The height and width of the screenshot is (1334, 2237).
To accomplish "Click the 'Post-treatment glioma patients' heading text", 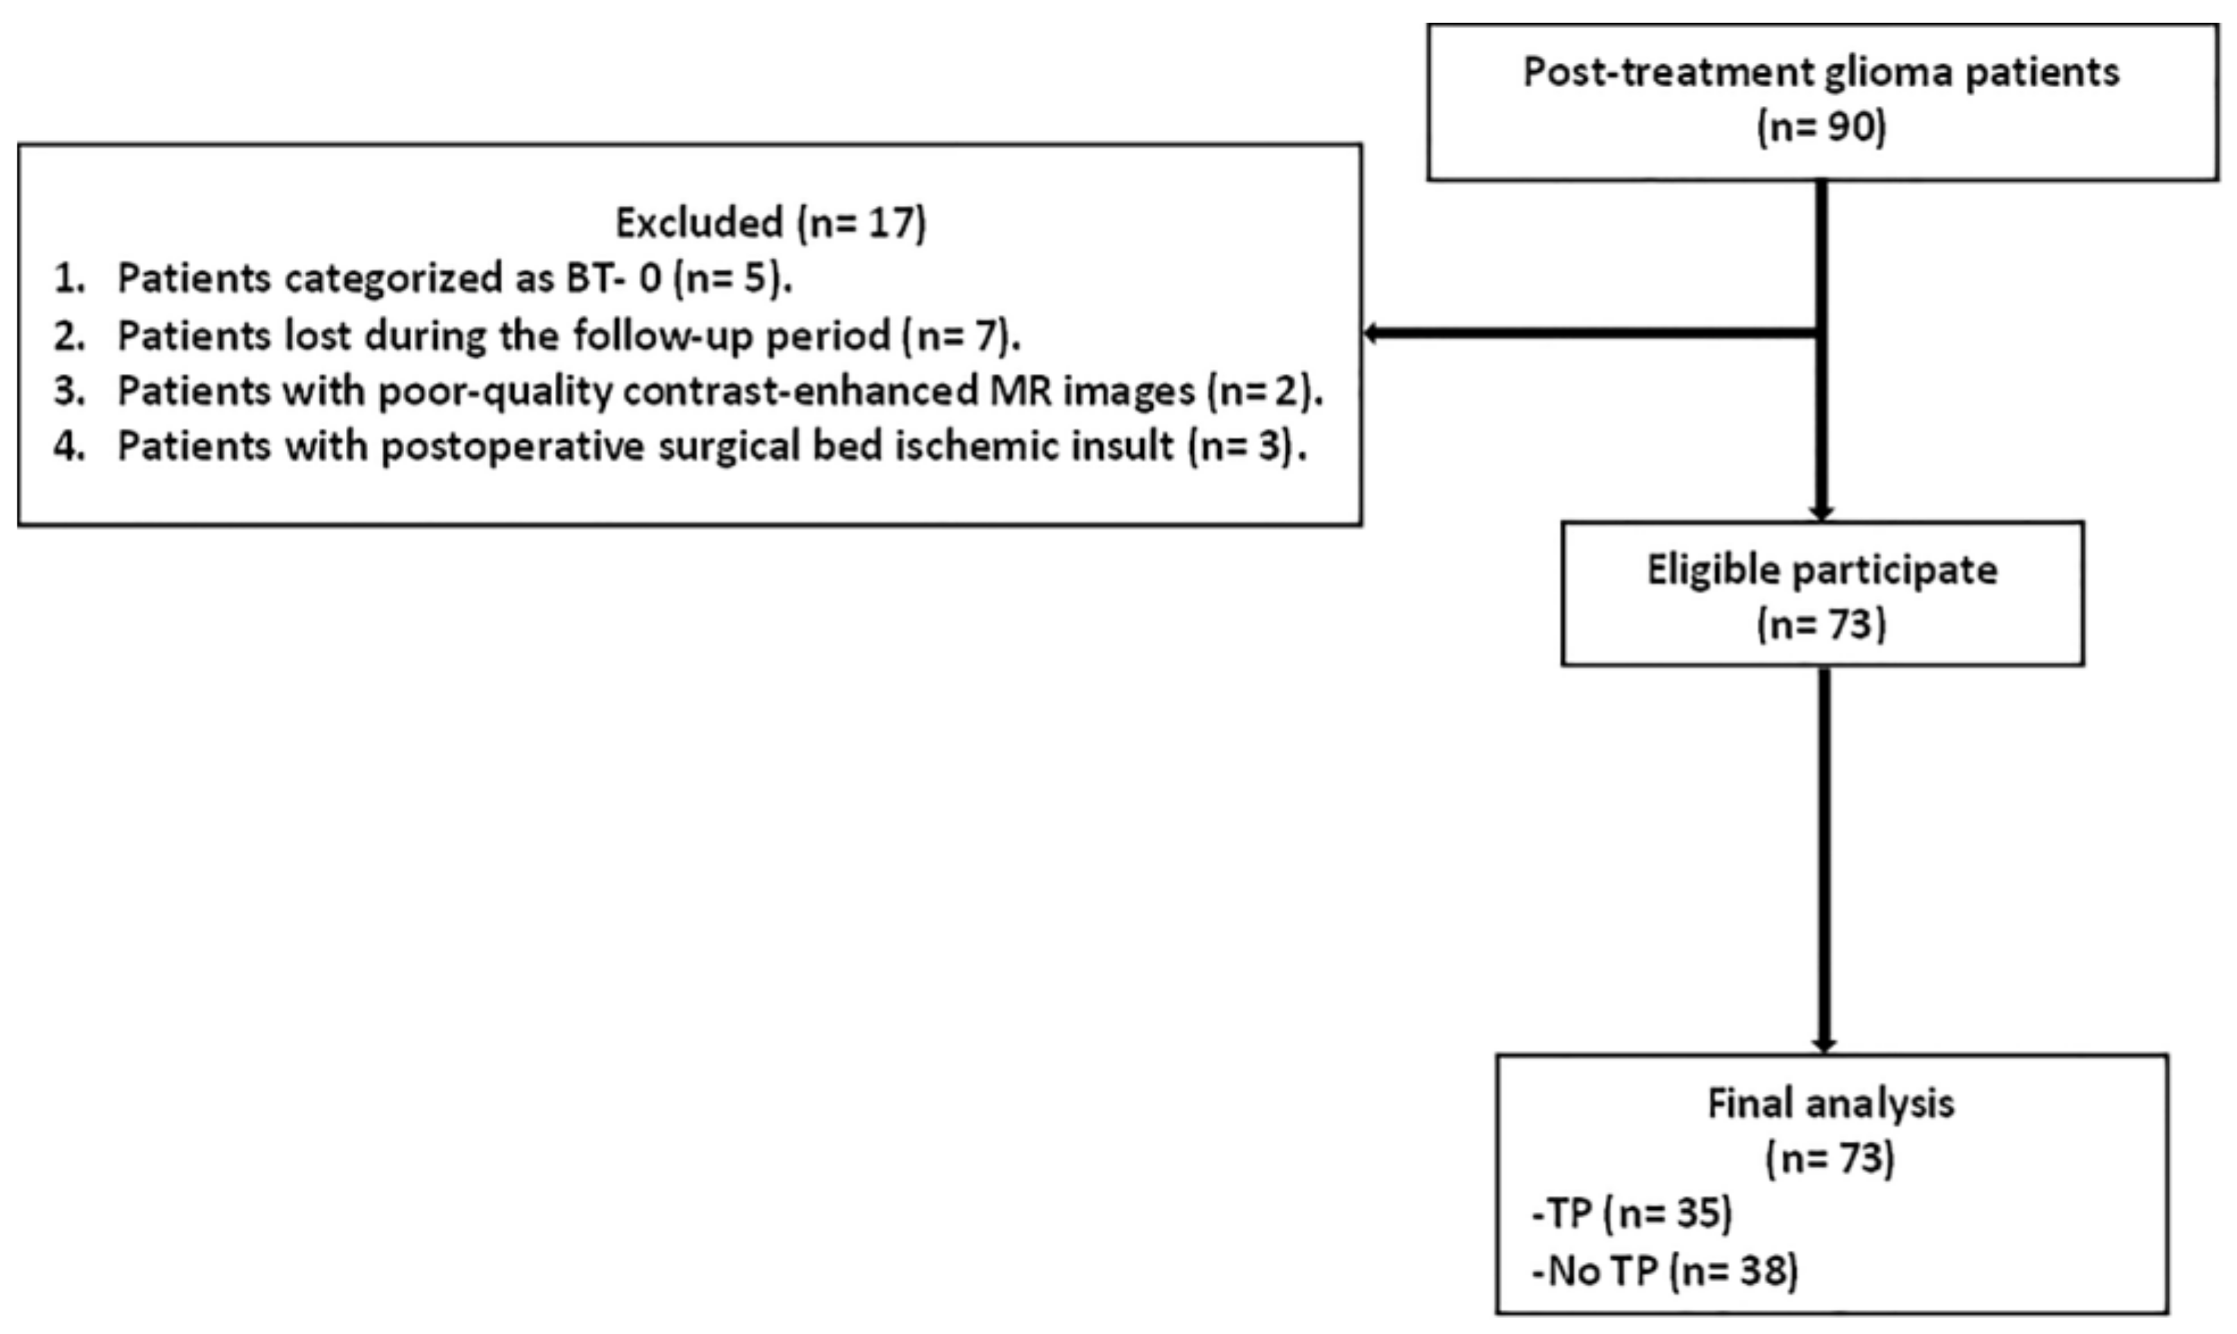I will click(1821, 72).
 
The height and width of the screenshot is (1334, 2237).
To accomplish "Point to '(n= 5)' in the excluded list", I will click(732, 279).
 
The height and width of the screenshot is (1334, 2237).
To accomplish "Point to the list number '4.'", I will click(69, 446).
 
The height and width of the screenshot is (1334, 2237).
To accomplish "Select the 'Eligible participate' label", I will click(1821, 570).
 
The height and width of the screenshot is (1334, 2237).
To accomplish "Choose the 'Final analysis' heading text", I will click(1830, 1104).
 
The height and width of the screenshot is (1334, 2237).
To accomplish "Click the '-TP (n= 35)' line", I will click(1631, 1214).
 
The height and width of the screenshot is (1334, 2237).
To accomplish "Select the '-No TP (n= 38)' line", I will click(1664, 1271).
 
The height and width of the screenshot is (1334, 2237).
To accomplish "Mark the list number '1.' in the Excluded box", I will click(69, 279).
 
